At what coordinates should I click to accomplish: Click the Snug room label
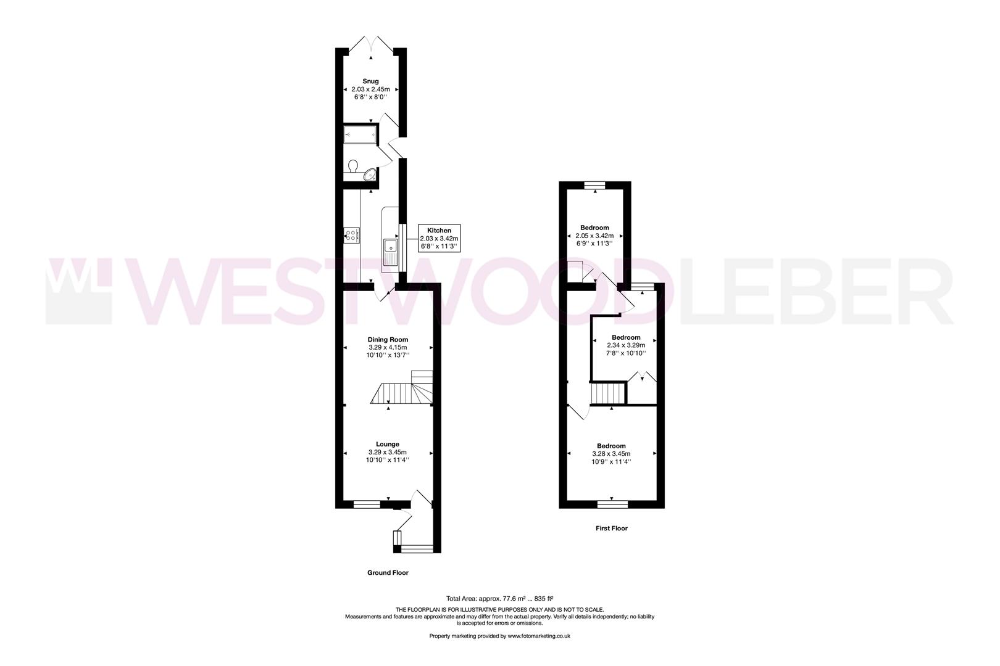[370, 81]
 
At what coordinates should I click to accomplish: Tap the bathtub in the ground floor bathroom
[359, 134]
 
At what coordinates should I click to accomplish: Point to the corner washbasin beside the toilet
[370, 175]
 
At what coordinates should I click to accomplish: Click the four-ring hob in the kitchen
[352, 235]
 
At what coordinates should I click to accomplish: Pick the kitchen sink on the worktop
[391, 253]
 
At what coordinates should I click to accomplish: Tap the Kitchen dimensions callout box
[440, 238]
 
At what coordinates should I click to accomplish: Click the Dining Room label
[388, 339]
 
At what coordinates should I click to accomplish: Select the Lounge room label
[388, 444]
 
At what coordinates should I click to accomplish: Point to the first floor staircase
[608, 393]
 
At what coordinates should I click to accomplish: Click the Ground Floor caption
[388, 573]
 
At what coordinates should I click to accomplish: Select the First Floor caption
[612, 528]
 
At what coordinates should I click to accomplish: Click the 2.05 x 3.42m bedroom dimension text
[595, 236]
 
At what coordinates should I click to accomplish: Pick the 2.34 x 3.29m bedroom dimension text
[626, 345]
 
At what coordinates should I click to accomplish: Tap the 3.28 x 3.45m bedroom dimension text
[611, 454]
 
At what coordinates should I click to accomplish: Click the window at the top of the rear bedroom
[595, 184]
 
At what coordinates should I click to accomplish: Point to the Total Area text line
[499, 598]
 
